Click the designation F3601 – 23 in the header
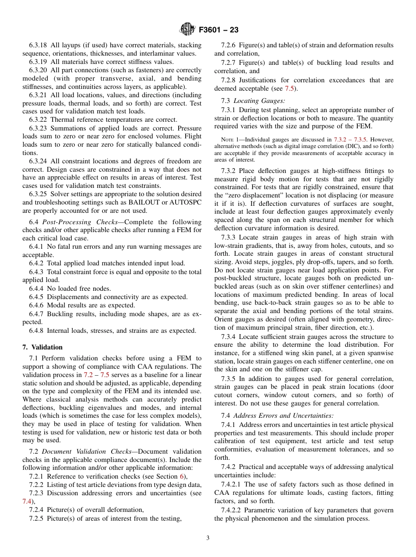tap(219, 30)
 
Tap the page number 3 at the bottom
tap(208, 538)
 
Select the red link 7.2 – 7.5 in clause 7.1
tap(96, 375)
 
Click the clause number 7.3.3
tap(229, 237)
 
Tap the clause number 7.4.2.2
tap(233, 510)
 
